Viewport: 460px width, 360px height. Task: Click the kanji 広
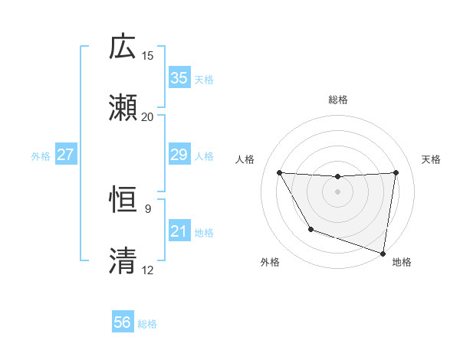123,47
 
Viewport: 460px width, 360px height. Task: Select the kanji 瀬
123,107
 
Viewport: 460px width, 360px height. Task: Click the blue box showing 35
179,78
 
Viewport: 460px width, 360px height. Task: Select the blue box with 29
179,155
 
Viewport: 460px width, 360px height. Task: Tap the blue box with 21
179,231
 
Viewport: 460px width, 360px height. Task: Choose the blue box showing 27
65,155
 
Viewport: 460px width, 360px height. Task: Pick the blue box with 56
123,322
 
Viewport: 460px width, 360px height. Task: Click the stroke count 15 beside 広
148,56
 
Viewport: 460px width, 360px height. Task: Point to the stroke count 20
148,116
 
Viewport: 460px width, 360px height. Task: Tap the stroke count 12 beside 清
148,270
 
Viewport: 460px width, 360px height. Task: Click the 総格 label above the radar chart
337,100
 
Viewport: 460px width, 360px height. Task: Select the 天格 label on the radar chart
431,159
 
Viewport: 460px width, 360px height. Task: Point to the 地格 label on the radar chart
402,262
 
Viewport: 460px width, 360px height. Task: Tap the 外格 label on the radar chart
270,262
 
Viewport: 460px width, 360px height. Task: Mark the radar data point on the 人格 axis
280,172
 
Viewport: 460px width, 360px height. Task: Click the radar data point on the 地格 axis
383,253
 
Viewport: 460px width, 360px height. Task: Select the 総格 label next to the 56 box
147,324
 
